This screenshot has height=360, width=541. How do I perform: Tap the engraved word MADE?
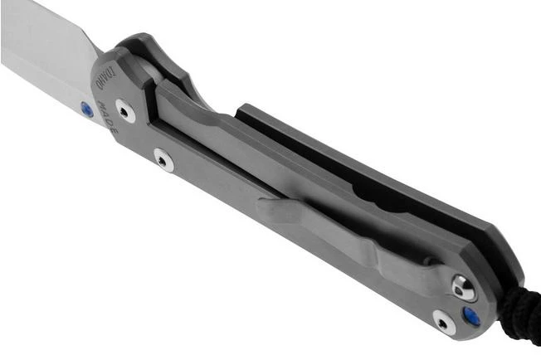[109, 117]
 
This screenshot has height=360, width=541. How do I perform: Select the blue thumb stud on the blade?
[86, 109]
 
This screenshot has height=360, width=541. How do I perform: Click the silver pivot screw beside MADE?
[125, 110]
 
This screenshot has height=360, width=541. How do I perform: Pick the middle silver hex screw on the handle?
[163, 159]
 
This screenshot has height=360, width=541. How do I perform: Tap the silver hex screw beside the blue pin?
[444, 323]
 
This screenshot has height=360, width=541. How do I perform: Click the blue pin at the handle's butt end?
[471, 316]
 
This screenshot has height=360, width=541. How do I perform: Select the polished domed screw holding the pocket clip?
[463, 287]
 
